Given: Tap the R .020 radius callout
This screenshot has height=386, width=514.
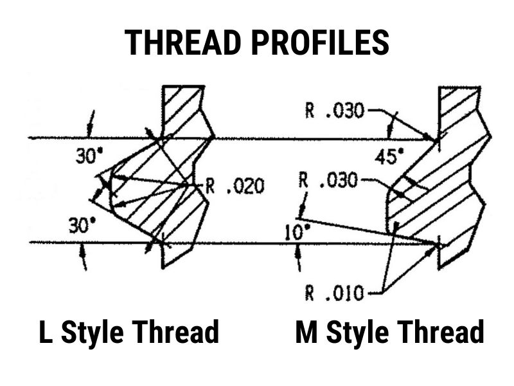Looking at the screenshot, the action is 235,187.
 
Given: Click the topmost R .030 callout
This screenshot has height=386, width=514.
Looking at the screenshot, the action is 335,111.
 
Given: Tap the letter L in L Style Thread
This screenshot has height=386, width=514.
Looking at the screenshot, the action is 46,333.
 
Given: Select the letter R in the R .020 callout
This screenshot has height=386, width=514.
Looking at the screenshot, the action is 209,187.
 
